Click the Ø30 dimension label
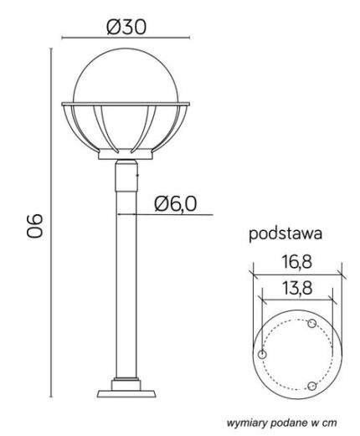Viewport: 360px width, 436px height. point(126,28)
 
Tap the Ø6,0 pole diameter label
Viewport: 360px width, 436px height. point(175,203)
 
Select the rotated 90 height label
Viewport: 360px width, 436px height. point(35,226)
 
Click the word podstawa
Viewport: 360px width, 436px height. point(285,233)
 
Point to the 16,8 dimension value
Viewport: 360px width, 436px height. point(296,262)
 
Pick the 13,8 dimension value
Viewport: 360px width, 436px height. point(297,288)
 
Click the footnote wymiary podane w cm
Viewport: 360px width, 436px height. point(281,423)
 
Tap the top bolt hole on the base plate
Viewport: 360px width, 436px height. point(311,324)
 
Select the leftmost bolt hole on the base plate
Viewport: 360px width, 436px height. point(262,355)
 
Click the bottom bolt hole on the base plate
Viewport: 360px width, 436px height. point(311,387)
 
